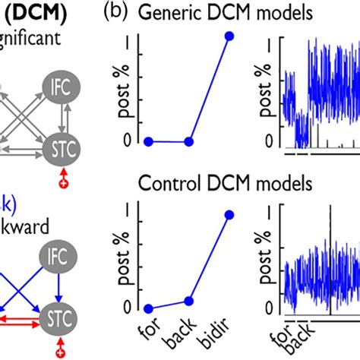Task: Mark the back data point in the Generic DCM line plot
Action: (x=189, y=141)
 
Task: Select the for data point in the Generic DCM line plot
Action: (x=149, y=141)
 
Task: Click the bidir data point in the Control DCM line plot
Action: (x=230, y=215)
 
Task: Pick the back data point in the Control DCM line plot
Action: (x=189, y=301)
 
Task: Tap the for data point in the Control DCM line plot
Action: (x=149, y=309)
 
